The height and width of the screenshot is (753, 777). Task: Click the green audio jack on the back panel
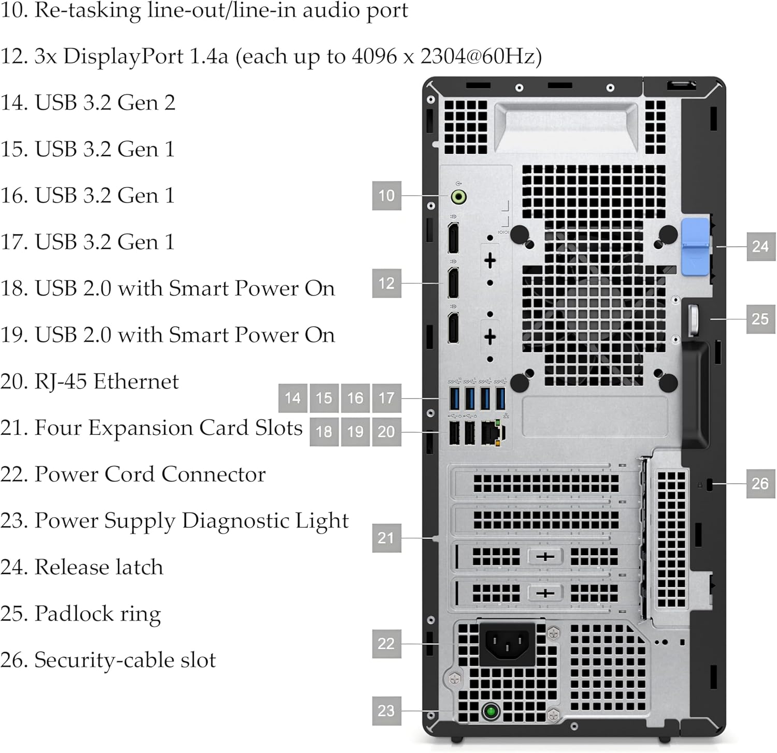click(458, 197)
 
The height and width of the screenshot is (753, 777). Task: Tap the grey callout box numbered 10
click(386, 196)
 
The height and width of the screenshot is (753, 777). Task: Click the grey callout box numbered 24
click(760, 246)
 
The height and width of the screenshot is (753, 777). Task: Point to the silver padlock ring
click(694, 319)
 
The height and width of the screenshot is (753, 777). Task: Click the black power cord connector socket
click(507, 644)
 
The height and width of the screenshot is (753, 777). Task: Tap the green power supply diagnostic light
click(491, 711)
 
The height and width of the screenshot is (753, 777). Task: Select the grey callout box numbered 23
click(386, 711)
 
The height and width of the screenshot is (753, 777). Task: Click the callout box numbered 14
click(293, 398)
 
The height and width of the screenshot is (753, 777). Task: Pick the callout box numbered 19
click(355, 432)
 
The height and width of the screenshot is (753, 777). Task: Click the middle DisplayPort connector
click(453, 283)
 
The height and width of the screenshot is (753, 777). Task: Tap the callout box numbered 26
click(760, 483)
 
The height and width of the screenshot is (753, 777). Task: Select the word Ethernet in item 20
click(136, 381)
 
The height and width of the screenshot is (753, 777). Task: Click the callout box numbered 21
click(386, 538)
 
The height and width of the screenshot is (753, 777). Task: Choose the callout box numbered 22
click(386, 643)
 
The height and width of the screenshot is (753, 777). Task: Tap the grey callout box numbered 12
click(386, 283)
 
